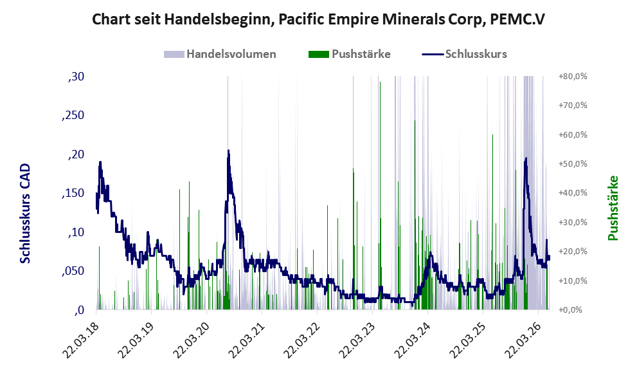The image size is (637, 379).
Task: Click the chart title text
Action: pyautogui.click(x=318, y=19)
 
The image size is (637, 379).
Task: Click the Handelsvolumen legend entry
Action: pyautogui.click(x=220, y=54)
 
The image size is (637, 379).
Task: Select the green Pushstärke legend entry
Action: pyautogui.click(x=350, y=54)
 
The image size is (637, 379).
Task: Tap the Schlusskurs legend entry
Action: pyautogui.click(x=464, y=54)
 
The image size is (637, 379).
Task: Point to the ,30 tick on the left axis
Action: pyautogui.click(x=76, y=77)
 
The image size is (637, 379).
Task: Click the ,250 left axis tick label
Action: pyautogui.click(x=73, y=115)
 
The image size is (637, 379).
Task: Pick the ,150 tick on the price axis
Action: pyautogui.click(x=73, y=193)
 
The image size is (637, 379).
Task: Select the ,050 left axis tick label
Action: pyautogui.click(x=73, y=272)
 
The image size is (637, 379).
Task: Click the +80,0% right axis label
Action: pyautogui.click(x=573, y=77)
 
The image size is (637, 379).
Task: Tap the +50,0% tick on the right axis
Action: pyautogui.click(x=573, y=164)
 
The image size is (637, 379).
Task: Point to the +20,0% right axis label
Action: pyautogui.click(x=573, y=252)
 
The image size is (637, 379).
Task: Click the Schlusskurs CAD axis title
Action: pyautogui.click(x=25, y=214)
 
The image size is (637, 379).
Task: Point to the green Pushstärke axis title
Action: pyautogui.click(x=613, y=208)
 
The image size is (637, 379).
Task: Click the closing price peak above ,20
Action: pyautogui.click(x=228, y=151)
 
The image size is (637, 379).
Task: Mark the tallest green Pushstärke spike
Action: pyautogui.click(x=380, y=196)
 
